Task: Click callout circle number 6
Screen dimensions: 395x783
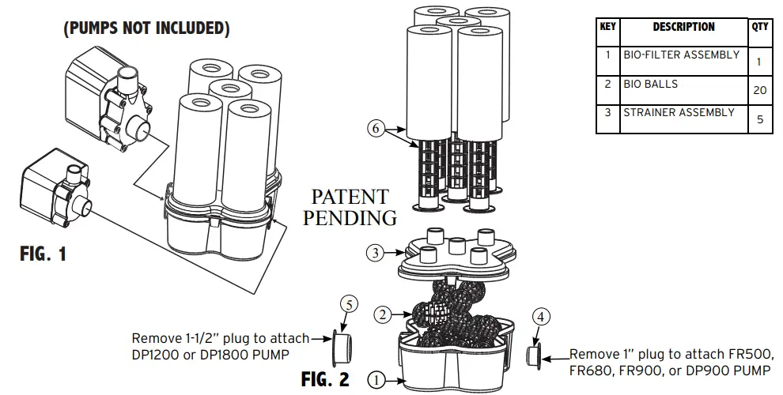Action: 377,127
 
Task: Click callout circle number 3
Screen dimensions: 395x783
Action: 376,254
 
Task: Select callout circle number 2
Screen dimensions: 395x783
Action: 383,315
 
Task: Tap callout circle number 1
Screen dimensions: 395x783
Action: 376,380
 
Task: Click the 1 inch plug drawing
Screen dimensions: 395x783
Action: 534,354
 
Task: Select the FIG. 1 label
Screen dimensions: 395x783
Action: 43,255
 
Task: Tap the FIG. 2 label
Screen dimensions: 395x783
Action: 324,379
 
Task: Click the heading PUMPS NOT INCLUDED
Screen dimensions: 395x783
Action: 146,29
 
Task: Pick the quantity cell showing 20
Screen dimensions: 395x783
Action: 759,90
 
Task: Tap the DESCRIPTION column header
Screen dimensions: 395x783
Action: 683,27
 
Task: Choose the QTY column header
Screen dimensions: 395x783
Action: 759,27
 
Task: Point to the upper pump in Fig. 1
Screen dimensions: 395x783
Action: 107,99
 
